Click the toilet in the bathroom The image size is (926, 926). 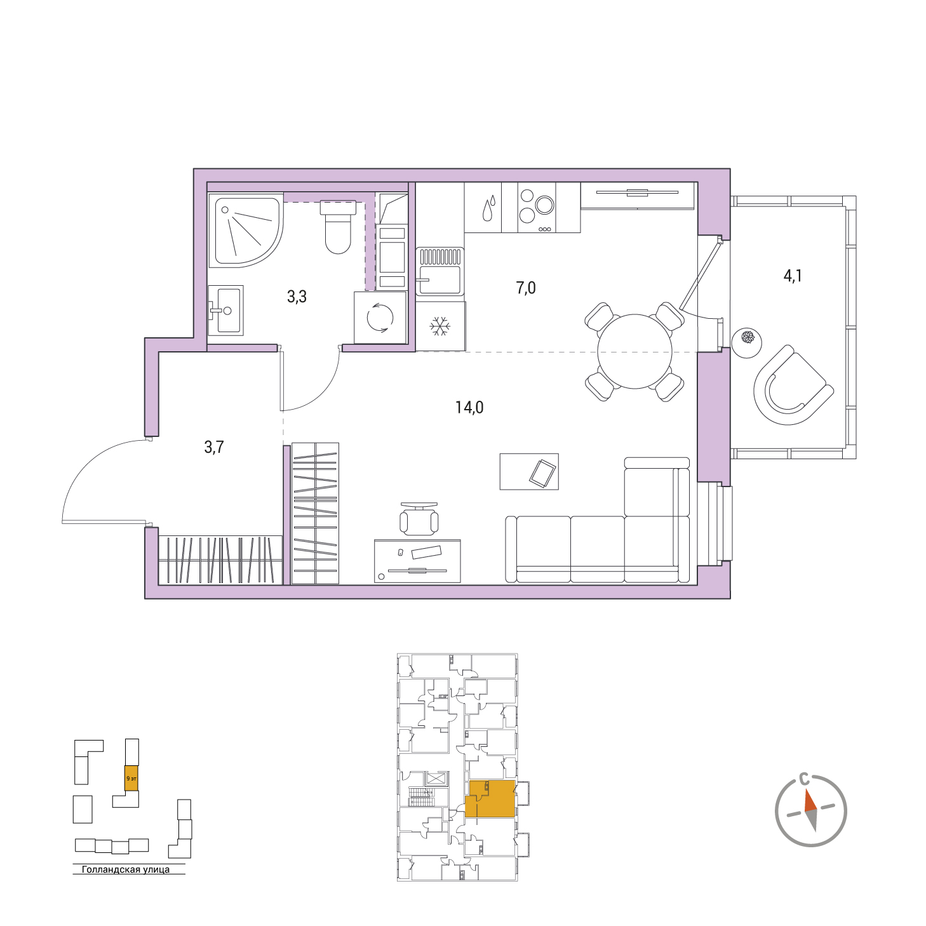(x=338, y=227)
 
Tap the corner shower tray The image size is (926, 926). (x=245, y=230)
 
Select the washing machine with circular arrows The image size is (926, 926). (x=380, y=318)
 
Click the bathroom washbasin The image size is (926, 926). (x=225, y=310)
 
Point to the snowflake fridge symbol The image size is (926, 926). (x=439, y=326)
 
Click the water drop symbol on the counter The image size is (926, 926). (x=488, y=208)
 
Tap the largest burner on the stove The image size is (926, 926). (x=545, y=205)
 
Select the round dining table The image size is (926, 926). (x=634, y=351)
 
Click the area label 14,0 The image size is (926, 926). (x=469, y=408)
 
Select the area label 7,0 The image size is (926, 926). (x=526, y=288)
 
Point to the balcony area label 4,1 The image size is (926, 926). (x=793, y=276)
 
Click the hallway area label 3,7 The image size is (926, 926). (x=214, y=447)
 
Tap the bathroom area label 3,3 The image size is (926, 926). (x=297, y=297)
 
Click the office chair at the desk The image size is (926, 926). (x=419, y=518)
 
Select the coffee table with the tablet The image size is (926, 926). (x=529, y=471)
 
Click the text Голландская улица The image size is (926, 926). (x=126, y=869)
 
